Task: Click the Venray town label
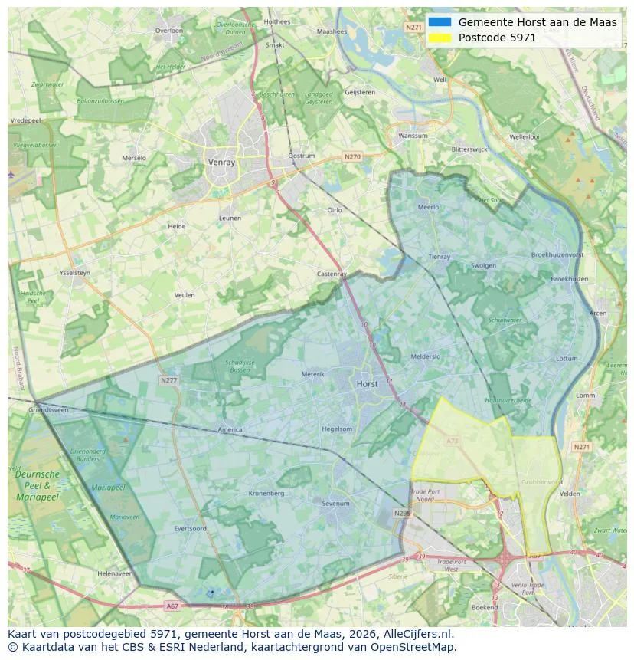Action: [221, 163]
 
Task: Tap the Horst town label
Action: [368, 383]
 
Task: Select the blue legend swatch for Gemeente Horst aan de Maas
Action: [440, 22]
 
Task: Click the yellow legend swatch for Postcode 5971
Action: [440, 38]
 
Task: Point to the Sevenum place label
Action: [335, 504]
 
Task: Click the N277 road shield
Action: [168, 380]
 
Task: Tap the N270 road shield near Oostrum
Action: [352, 157]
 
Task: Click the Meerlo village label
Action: [429, 207]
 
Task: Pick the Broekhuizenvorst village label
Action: [557, 254]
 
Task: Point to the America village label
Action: [230, 429]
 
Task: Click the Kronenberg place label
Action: [266, 493]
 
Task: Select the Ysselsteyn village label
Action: [74, 273]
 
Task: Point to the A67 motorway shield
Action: [172, 606]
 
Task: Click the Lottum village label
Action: [567, 358]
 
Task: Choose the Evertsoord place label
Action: [190, 528]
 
